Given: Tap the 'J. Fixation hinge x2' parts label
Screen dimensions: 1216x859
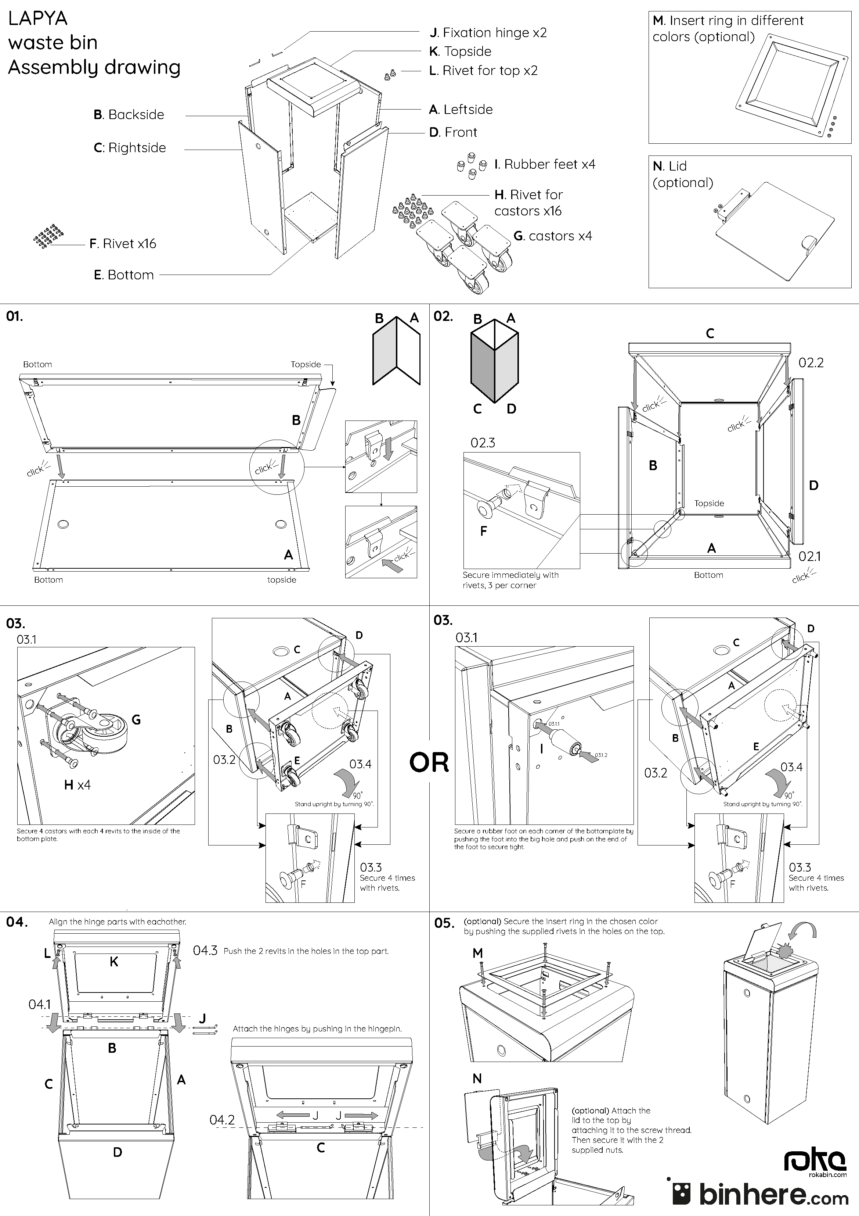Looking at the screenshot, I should (x=488, y=33).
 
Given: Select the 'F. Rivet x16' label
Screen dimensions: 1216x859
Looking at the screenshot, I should (x=123, y=244).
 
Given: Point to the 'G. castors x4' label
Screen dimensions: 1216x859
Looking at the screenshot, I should (x=553, y=236).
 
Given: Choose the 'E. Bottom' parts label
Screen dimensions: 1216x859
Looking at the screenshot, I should (x=124, y=275).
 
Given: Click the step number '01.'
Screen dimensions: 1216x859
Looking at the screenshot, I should (x=14, y=317).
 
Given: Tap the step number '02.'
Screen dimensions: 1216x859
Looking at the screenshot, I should (x=443, y=317).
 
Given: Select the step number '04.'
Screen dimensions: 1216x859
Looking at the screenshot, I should (x=17, y=922).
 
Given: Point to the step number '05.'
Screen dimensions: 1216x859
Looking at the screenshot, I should (x=444, y=923).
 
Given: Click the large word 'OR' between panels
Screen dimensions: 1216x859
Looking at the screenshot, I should (x=429, y=763).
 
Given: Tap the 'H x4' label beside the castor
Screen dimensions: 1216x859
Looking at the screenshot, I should (x=77, y=785).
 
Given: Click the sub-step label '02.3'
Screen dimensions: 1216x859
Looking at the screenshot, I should (x=483, y=443).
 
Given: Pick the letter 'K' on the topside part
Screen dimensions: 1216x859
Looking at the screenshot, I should (x=114, y=962).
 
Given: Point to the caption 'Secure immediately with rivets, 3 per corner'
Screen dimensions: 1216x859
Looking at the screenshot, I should (x=510, y=580).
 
